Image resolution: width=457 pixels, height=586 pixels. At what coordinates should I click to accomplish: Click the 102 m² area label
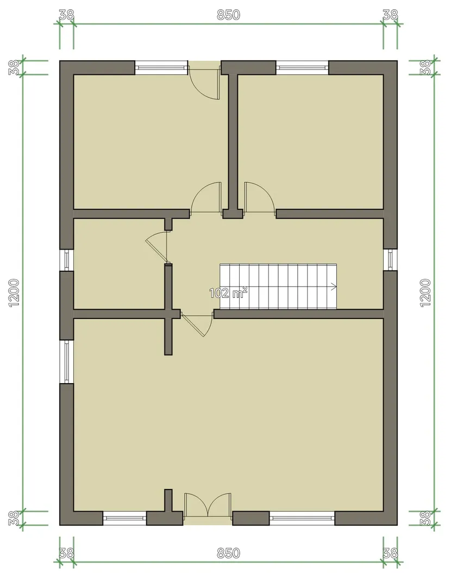tap(228, 292)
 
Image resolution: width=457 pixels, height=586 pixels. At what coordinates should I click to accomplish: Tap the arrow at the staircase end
tap(333, 286)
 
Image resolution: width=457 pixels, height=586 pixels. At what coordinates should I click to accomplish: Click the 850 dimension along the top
tap(228, 15)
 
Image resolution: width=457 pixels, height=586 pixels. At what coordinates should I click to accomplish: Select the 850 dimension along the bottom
tap(228, 553)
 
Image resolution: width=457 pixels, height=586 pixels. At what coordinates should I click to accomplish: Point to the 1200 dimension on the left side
tap(14, 293)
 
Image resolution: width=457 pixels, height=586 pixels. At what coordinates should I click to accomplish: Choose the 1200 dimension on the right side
tap(425, 293)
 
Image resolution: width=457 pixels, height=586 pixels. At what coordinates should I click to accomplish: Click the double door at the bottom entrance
tap(208, 505)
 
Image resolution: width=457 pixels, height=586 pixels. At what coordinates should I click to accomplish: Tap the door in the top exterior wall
tap(204, 80)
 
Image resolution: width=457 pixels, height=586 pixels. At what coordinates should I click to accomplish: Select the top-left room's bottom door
tap(206, 198)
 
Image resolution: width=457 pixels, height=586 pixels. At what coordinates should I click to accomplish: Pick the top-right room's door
tap(260, 198)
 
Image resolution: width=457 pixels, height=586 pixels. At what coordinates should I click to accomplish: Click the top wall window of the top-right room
tap(303, 68)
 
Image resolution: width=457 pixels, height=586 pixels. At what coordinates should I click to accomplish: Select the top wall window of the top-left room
tap(161, 68)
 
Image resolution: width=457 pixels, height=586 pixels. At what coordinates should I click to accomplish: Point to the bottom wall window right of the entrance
tap(302, 518)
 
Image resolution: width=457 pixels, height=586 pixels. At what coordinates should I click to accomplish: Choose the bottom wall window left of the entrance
tap(124, 518)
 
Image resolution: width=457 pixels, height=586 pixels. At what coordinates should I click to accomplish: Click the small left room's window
tap(67, 260)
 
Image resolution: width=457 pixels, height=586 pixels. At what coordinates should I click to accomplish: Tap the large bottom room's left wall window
tap(67, 362)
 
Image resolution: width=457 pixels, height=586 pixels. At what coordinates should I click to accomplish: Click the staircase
tap(278, 286)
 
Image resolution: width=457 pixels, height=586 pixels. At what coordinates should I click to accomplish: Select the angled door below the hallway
tap(197, 324)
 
